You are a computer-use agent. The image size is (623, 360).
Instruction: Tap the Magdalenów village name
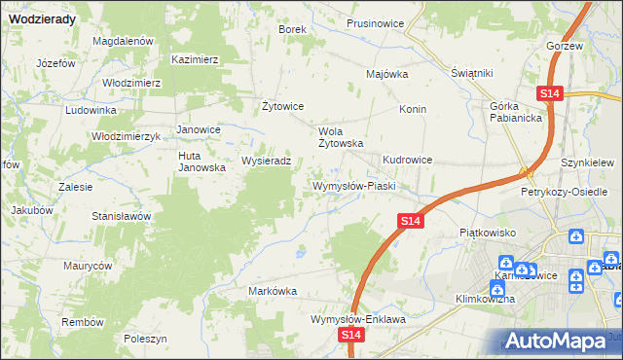[124, 41]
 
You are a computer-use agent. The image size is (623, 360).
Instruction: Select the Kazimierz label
[195, 59]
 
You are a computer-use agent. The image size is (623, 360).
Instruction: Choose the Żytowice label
[284, 106]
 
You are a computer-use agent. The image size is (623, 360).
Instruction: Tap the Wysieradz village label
[266, 162]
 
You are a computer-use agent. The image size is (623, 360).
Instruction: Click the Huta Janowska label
[202, 162]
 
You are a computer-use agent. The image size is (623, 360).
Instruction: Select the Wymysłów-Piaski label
[352, 185]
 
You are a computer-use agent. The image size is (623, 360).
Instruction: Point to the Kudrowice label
[407, 160]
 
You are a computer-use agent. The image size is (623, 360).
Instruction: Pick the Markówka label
[273, 291]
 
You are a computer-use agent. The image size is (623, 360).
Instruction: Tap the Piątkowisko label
[486, 234]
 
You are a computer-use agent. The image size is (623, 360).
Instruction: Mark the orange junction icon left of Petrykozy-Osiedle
[527, 172]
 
